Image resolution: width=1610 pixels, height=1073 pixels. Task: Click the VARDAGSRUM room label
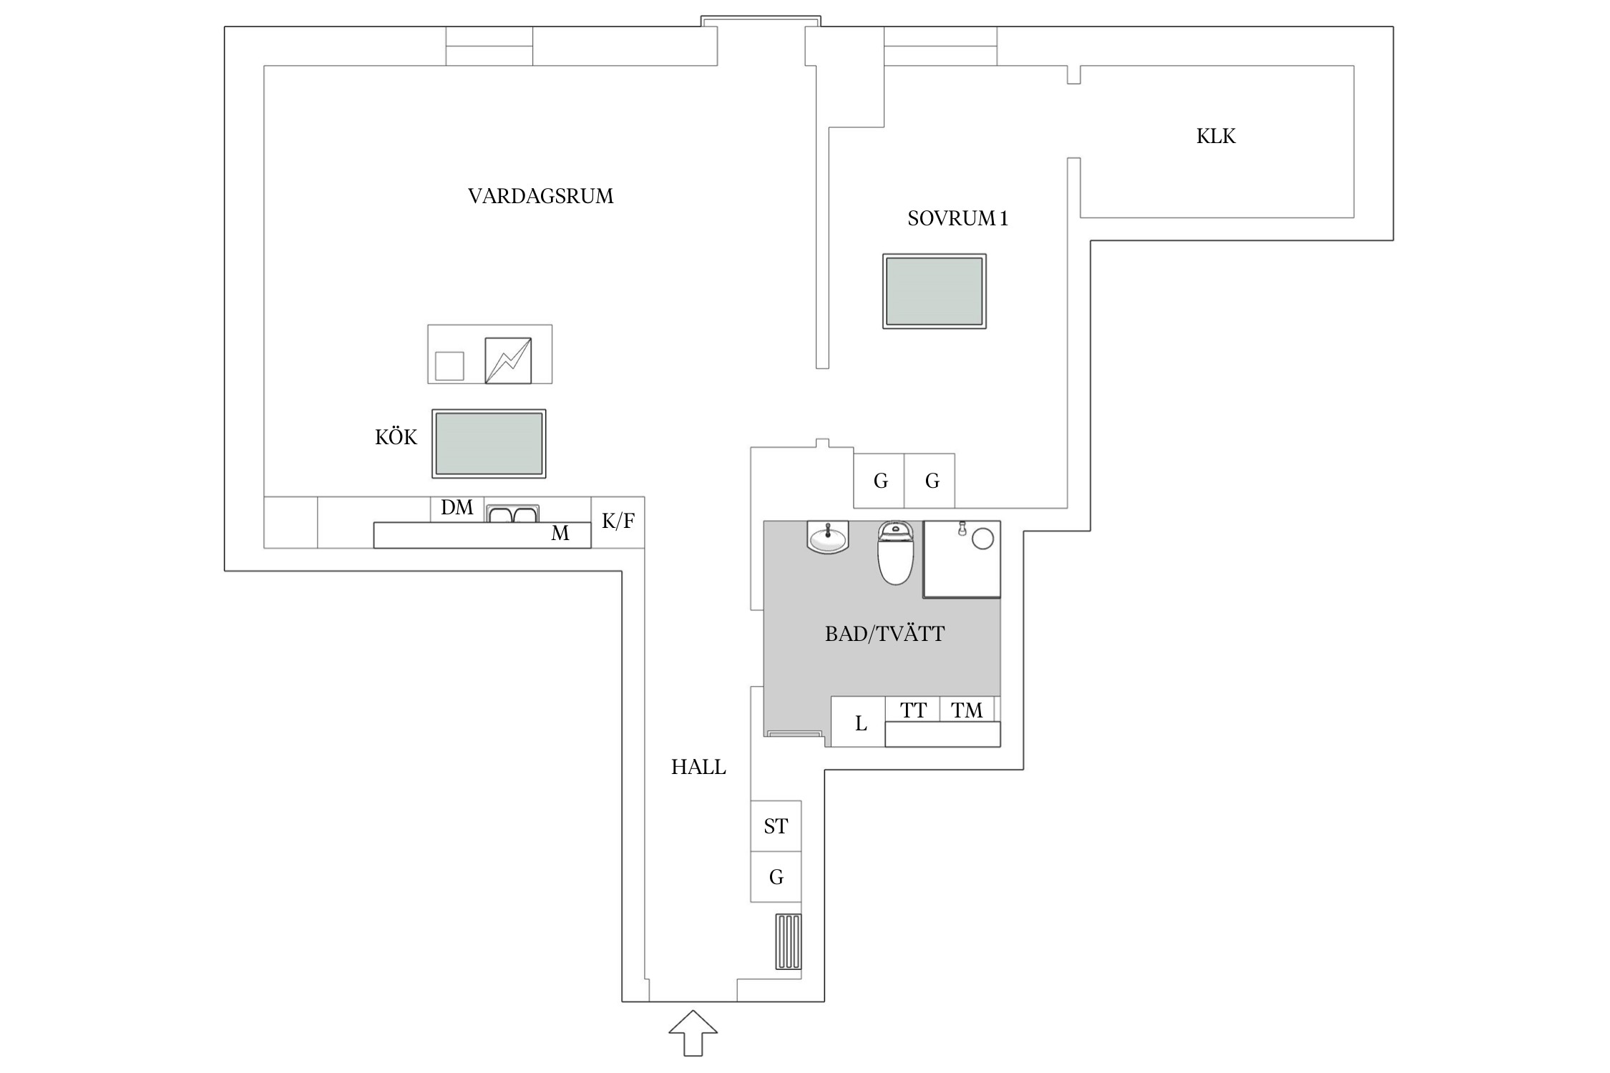click(540, 196)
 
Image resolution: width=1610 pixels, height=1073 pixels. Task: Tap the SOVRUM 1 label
click(957, 218)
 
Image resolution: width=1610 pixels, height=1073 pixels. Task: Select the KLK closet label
click(1216, 136)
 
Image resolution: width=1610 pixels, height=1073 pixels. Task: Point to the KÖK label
click(396, 437)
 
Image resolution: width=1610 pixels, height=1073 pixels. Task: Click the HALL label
click(698, 767)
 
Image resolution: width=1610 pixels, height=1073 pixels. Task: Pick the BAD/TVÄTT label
click(884, 634)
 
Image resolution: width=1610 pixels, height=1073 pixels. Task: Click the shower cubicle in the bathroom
click(962, 559)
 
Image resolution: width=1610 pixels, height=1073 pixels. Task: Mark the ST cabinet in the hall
click(776, 826)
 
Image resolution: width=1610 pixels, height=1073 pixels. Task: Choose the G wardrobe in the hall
click(776, 877)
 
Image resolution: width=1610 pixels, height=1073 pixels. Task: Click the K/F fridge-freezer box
click(618, 521)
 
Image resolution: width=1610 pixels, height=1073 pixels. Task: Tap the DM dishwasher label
click(457, 508)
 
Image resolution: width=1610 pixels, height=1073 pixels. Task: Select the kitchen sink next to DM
click(512, 514)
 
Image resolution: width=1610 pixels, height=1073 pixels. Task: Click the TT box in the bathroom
click(912, 710)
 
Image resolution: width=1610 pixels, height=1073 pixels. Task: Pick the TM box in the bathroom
click(966, 710)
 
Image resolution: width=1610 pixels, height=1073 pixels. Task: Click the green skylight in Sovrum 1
click(934, 291)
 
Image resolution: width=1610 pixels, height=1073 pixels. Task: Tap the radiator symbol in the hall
click(789, 941)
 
